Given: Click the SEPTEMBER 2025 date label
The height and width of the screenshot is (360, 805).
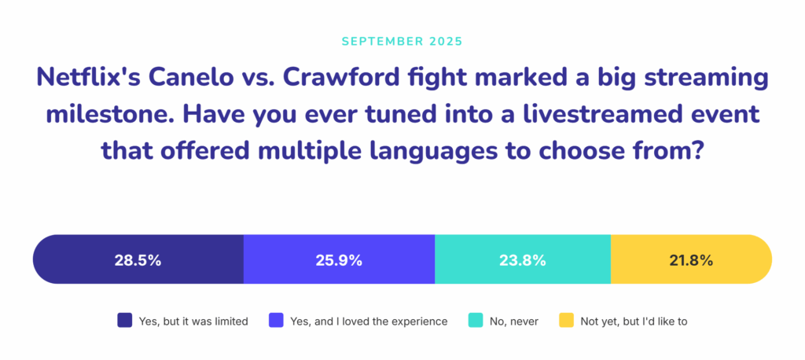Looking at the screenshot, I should point(402,40).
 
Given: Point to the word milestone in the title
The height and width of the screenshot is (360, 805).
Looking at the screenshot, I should point(105,116).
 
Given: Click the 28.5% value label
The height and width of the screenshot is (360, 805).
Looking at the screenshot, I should point(138,260).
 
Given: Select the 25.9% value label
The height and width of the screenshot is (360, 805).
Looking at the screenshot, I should point(339,260).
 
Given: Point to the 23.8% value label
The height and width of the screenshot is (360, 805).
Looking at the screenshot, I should point(522,260).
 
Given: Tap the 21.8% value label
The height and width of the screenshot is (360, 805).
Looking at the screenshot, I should point(690,260).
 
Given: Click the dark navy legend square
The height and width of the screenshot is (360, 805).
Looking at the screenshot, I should point(124,321).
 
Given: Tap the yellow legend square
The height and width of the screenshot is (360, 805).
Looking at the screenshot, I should point(566,321).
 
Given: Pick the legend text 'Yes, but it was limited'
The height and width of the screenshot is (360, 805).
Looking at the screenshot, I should point(193,321).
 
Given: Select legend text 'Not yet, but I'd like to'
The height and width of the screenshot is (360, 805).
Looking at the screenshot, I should point(634,321).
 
